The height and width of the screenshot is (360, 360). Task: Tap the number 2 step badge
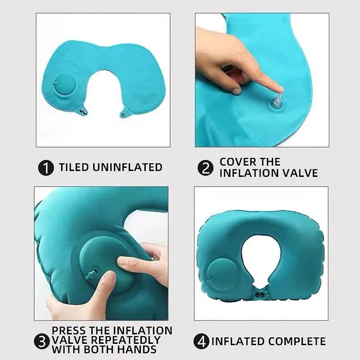205,168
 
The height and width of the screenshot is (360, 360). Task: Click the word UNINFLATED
127,167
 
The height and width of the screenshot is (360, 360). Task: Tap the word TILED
74,167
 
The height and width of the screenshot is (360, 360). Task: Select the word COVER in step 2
237,162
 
